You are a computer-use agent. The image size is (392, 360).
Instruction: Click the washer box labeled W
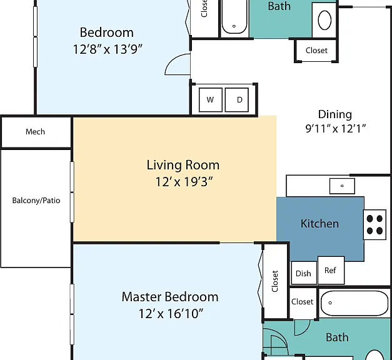coord(211,100)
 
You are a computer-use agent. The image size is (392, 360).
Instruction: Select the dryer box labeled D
coord(237,100)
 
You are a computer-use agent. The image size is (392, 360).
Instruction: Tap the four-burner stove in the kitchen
coord(374,224)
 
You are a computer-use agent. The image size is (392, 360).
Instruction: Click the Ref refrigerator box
coord(331,270)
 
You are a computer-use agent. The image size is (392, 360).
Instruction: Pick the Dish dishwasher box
coord(304,273)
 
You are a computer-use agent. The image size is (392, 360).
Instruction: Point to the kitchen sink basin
coord(342,186)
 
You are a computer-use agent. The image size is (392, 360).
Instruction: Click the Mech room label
coord(35,131)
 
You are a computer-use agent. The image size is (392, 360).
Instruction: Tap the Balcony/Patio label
coord(36,200)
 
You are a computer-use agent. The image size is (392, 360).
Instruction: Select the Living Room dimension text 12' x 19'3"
coord(184,181)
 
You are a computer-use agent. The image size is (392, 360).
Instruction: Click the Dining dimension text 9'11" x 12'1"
coord(336,129)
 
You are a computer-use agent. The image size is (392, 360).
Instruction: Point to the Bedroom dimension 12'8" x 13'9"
coord(108,49)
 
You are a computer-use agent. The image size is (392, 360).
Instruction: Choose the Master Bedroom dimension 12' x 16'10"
coord(171,313)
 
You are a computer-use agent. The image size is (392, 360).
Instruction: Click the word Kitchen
coord(319,224)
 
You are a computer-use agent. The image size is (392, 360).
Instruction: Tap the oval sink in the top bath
coord(324,20)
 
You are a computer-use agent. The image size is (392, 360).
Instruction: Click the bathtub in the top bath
coord(234,17)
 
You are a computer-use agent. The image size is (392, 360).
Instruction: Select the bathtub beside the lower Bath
coord(354,303)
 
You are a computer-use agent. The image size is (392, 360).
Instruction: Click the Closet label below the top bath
coord(316,51)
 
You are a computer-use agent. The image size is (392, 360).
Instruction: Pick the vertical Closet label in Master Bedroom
coord(274,281)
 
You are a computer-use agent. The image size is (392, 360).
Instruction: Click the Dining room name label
coord(335,114)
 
